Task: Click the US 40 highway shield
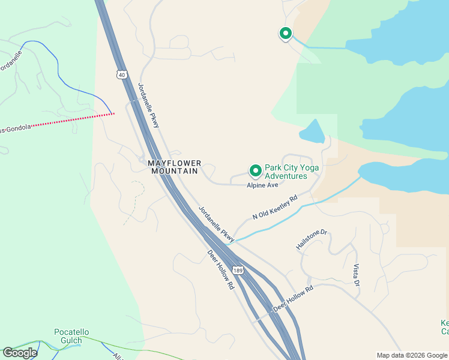(x=122, y=74)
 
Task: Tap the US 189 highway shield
(x=239, y=271)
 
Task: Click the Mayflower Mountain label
(x=173, y=167)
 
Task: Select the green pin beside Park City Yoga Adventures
(x=255, y=172)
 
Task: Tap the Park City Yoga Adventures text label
(x=292, y=172)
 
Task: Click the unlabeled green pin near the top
(x=286, y=34)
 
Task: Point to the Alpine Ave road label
(x=262, y=186)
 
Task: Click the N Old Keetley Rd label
(x=275, y=207)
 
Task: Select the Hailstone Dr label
(x=312, y=239)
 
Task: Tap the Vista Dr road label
(x=356, y=275)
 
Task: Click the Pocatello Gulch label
(x=71, y=336)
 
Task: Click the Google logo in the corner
(x=20, y=353)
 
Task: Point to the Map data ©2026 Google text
(x=412, y=355)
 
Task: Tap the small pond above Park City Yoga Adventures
(x=312, y=131)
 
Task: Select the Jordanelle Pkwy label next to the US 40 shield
(x=149, y=105)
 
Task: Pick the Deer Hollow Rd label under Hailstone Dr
(x=293, y=298)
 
